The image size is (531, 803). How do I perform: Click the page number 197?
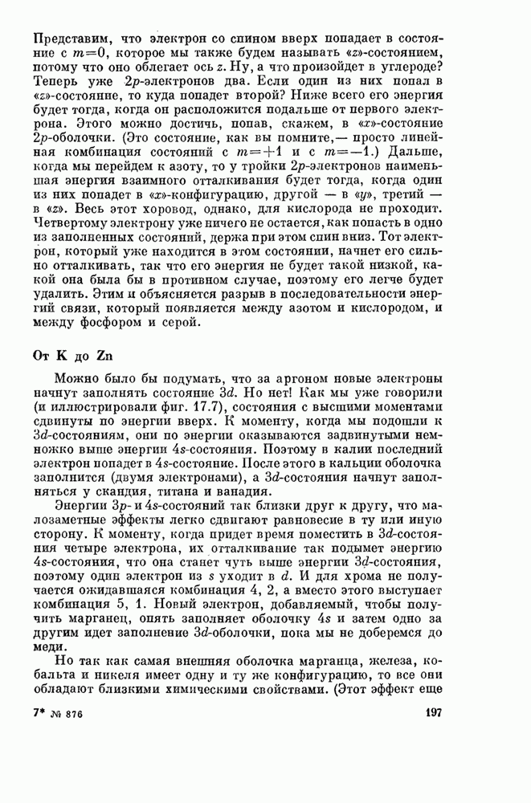431,714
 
